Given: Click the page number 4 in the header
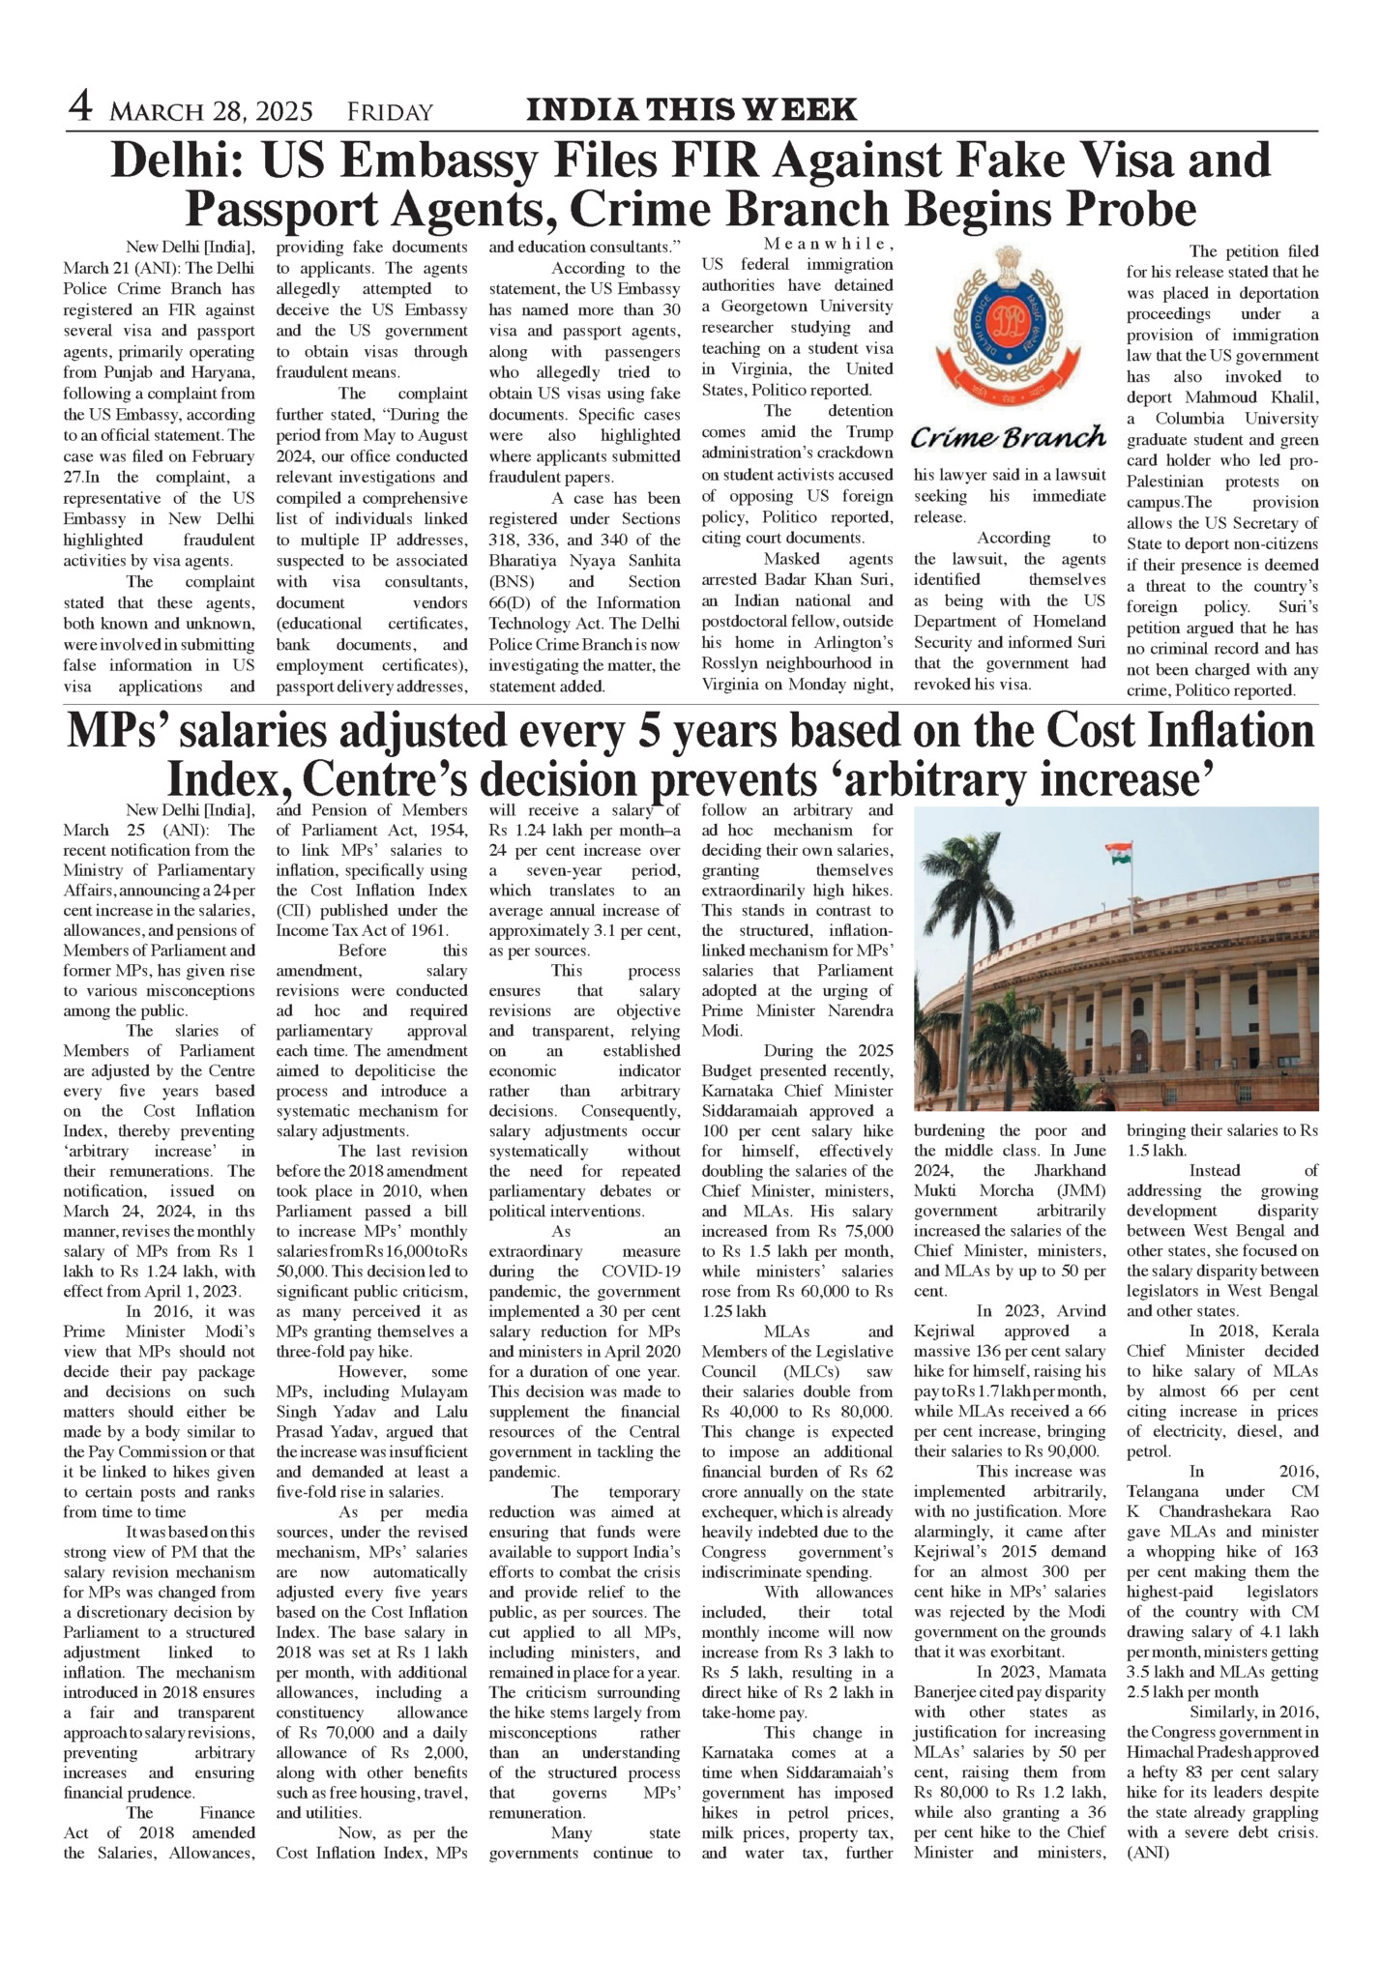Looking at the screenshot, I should [x=80, y=106].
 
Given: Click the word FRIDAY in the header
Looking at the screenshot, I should [x=390, y=113].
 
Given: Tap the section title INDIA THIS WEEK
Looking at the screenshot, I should [x=690, y=109].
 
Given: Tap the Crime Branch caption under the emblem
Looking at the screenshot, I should [x=1008, y=437].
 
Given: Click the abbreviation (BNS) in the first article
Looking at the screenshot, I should [x=513, y=582].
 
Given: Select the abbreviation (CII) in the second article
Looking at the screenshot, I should [x=294, y=910].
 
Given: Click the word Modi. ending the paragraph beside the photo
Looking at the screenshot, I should [x=721, y=1031].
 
